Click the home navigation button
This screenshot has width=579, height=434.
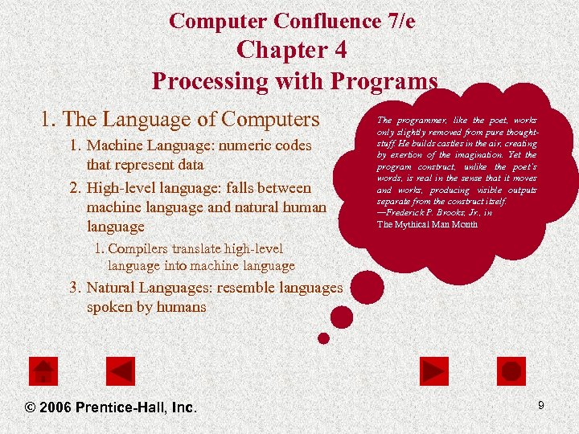tap(43, 371)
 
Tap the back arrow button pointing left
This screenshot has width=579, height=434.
tap(121, 371)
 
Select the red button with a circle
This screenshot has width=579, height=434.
tap(511, 371)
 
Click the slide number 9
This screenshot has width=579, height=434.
tap(541, 406)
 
